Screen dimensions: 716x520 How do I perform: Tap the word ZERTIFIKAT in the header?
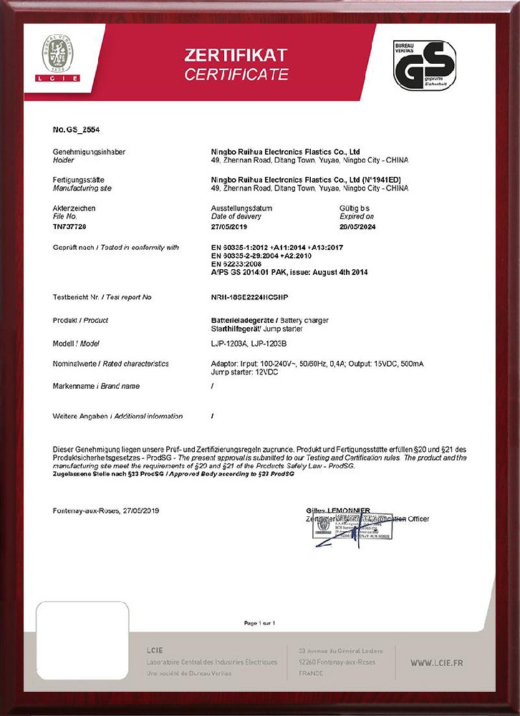pos(236,55)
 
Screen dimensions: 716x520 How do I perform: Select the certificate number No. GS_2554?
pos(77,130)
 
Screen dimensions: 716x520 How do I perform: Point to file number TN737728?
pos(69,226)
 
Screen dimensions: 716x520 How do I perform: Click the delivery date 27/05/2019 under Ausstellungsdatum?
pos(228,226)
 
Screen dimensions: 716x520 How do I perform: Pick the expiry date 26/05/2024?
pos(357,226)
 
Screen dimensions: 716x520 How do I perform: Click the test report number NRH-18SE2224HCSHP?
pos(249,296)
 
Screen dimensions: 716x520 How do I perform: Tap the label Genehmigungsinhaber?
pos(85,153)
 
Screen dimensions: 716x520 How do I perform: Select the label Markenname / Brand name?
pos(96,386)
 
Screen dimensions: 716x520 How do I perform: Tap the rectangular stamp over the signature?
pos(353,527)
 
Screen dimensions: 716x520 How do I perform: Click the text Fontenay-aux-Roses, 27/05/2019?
pos(106,511)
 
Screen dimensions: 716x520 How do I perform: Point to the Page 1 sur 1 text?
pos(259,623)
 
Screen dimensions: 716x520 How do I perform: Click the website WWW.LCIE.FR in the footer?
pos(436,663)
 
